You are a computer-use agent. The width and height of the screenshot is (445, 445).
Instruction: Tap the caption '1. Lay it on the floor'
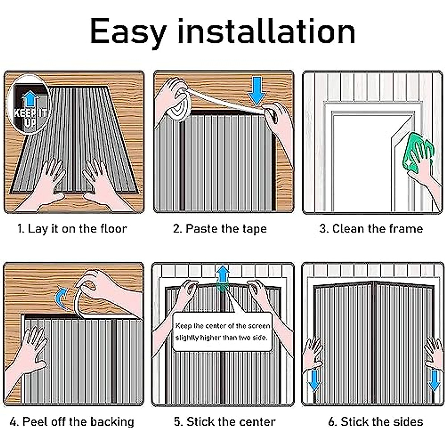[x=72, y=228]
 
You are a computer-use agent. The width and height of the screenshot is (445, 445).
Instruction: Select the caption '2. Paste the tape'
[x=220, y=228]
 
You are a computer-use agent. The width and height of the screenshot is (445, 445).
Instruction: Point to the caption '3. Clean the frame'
[x=371, y=228]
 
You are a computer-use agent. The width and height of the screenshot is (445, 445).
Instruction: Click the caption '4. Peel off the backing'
[x=72, y=422]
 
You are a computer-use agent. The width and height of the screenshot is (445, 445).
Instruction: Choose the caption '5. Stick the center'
[x=225, y=422]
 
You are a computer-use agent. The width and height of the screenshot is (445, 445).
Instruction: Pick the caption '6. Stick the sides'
[x=375, y=422]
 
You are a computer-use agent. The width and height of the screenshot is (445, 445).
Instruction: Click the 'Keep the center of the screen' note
[x=222, y=332]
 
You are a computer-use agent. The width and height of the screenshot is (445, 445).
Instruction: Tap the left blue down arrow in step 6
[x=314, y=380]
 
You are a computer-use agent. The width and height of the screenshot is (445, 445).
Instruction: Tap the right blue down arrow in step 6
[x=434, y=380]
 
